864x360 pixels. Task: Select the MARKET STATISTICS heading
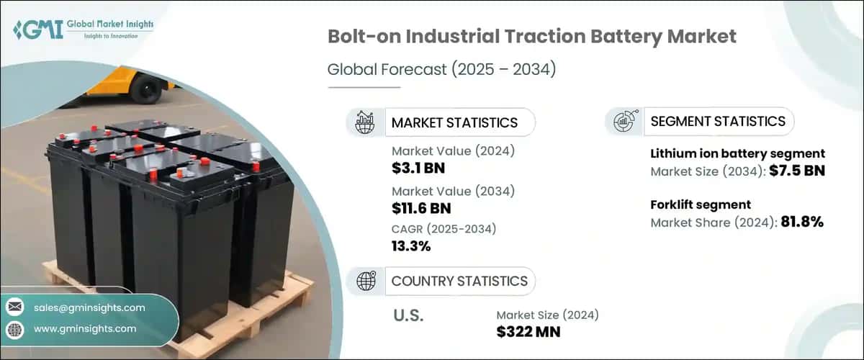point(454,122)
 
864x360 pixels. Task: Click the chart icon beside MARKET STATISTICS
point(364,122)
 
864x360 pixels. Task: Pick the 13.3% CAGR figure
point(411,246)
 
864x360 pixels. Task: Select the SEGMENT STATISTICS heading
point(718,121)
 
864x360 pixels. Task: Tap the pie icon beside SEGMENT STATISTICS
point(623,121)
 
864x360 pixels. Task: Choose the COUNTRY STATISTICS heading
point(459,281)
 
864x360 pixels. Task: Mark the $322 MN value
point(528,332)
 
